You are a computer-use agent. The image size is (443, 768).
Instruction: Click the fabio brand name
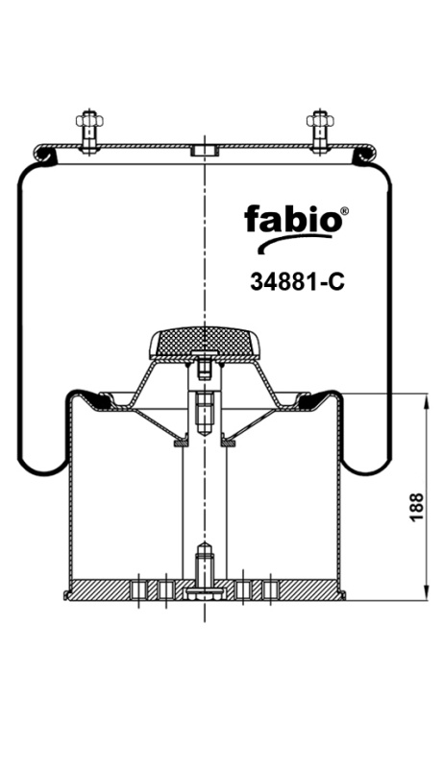(x=292, y=219)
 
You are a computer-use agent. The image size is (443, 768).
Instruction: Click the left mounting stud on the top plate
(x=87, y=132)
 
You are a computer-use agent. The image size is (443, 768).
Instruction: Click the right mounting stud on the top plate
(x=319, y=132)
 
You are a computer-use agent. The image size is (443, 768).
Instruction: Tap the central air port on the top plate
(x=204, y=151)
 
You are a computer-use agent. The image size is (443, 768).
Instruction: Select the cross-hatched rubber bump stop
(x=205, y=342)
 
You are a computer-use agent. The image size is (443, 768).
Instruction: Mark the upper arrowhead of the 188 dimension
(x=424, y=400)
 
